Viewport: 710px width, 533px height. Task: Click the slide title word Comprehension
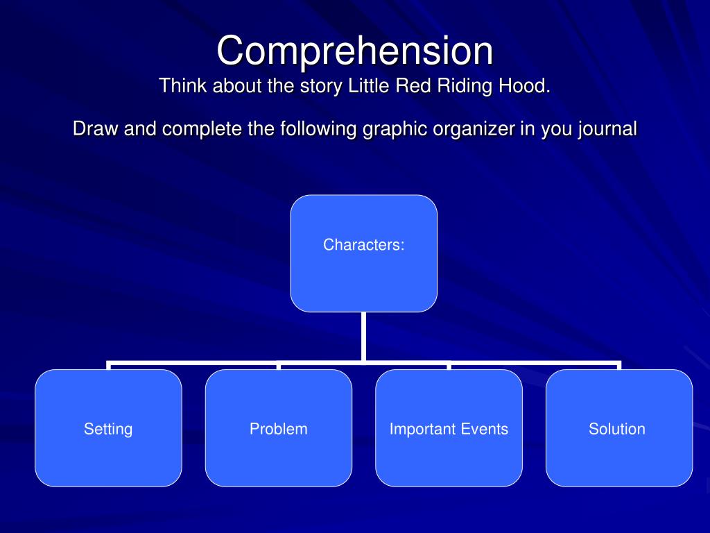(354, 52)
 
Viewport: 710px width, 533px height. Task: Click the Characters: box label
(363, 244)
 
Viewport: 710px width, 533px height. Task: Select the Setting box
(108, 429)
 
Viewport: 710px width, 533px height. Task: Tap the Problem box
(279, 429)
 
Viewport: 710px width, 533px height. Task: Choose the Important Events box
(449, 429)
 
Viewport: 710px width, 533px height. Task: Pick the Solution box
(617, 429)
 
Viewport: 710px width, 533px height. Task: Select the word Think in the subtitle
(182, 87)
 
